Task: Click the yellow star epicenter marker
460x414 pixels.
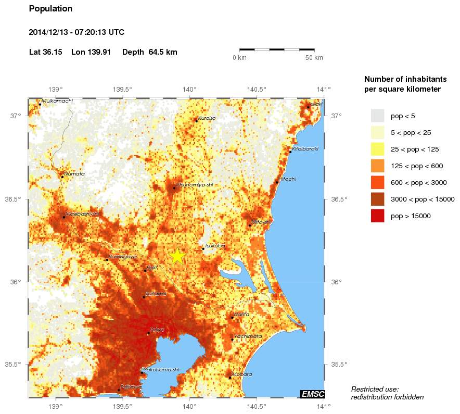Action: pos(177,256)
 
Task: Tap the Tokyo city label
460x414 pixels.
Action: pos(157,330)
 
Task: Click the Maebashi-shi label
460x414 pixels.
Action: pos(82,214)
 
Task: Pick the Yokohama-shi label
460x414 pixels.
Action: pos(161,370)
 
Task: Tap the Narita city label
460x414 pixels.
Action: pos(241,314)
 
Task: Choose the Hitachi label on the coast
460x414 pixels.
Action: pos(288,179)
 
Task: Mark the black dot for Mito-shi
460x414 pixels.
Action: pos(250,225)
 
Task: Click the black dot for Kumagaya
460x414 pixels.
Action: pos(107,259)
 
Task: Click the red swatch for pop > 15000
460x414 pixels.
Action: pos(377,216)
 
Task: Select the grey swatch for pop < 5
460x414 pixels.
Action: pos(377,116)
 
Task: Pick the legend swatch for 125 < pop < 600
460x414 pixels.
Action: pos(377,166)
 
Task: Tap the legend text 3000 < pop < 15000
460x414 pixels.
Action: pos(423,199)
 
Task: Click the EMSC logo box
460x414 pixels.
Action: pos(312,394)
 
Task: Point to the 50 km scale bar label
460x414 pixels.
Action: pos(314,57)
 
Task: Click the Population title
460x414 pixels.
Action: pos(50,9)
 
